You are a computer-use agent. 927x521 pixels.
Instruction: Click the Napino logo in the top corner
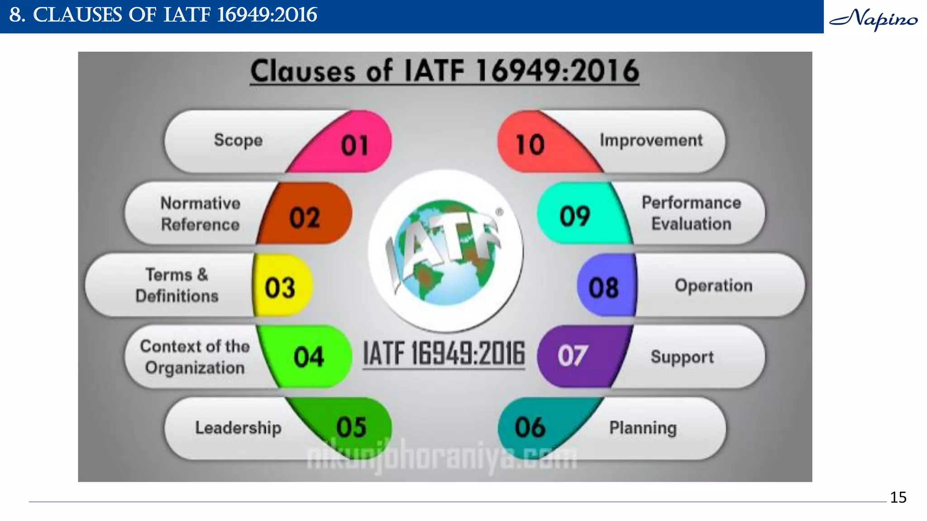pyautogui.click(x=874, y=19)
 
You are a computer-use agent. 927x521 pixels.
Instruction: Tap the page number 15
pyautogui.click(x=898, y=497)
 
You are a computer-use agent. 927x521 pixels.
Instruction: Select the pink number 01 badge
pyautogui.click(x=354, y=145)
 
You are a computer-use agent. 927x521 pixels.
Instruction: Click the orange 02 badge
pyautogui.click(x=305, y=217)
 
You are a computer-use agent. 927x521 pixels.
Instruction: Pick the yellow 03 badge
pyautogui.click(x=280, y=288)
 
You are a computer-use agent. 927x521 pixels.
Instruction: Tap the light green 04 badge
pyautogui.click(x=309, y=357)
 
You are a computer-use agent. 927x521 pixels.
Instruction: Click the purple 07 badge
pyautogui.click(x=573, y=356)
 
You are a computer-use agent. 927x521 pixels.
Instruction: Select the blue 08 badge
pyautogui.click(x=603, y=288)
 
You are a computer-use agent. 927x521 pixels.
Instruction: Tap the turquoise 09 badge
pyautogui.click(x=575, y=216)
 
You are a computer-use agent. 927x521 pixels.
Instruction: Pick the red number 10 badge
pyautogui.click(x=530, y=145)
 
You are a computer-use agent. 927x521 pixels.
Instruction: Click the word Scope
pyautogui.click(x=238, y=140)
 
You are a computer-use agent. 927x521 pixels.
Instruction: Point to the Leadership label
pyautogui.click(x=238, y=428)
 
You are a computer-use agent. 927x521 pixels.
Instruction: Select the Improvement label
pyautogui.click(x=651, y=140)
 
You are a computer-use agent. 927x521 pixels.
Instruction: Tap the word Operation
pyautogui.click(x=713, y=286)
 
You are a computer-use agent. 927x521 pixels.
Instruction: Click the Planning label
pyautogui.click(x=643, y=428)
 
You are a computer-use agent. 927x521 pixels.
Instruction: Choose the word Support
pyautogui.click(x=682, y=357)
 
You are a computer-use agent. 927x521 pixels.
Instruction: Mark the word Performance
pyautogui.click(x=691, y=203)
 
